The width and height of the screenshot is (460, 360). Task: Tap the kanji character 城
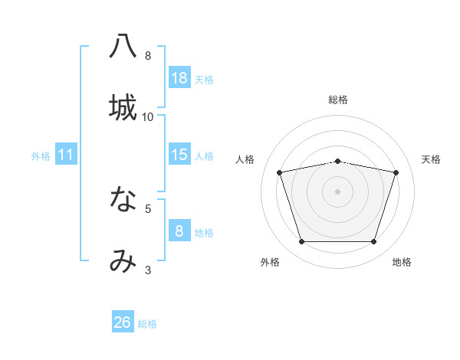click(123, 107)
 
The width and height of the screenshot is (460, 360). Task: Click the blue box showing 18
click(179, 78)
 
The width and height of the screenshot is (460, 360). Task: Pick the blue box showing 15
click(179, 155)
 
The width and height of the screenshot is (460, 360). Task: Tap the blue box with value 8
click(179, 231)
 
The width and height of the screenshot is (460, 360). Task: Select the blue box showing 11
click(66, 155)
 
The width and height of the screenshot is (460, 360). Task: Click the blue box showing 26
click(123, 322)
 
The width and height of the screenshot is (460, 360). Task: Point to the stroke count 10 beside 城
click(148, 116)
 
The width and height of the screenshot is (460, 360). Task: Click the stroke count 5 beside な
click(148, 208)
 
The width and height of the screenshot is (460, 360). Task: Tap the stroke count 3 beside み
click(148, 270)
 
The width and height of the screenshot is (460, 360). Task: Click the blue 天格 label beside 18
click(204, 80)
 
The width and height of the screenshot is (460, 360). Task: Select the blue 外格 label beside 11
click(41, 156)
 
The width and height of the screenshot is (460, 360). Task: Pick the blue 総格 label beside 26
click(147, 324)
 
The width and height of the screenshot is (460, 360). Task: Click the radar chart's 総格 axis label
click(338, 100)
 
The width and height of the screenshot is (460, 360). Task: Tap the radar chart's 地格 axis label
click(402, 262)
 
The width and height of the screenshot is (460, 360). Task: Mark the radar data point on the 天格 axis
click(396, 172)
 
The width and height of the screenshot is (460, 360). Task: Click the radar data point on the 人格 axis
click(280, 172)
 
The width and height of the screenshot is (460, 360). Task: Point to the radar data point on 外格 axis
click(302, 241)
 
